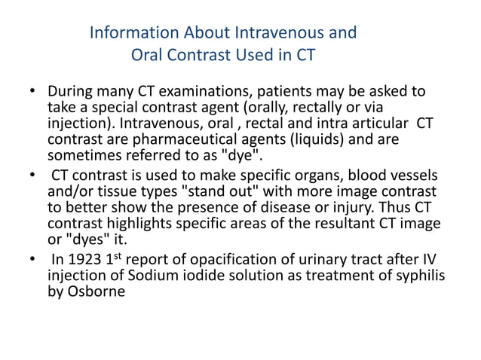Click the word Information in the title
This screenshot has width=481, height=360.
(x=130, y=34)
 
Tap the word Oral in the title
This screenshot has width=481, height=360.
(x=148, y=55)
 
